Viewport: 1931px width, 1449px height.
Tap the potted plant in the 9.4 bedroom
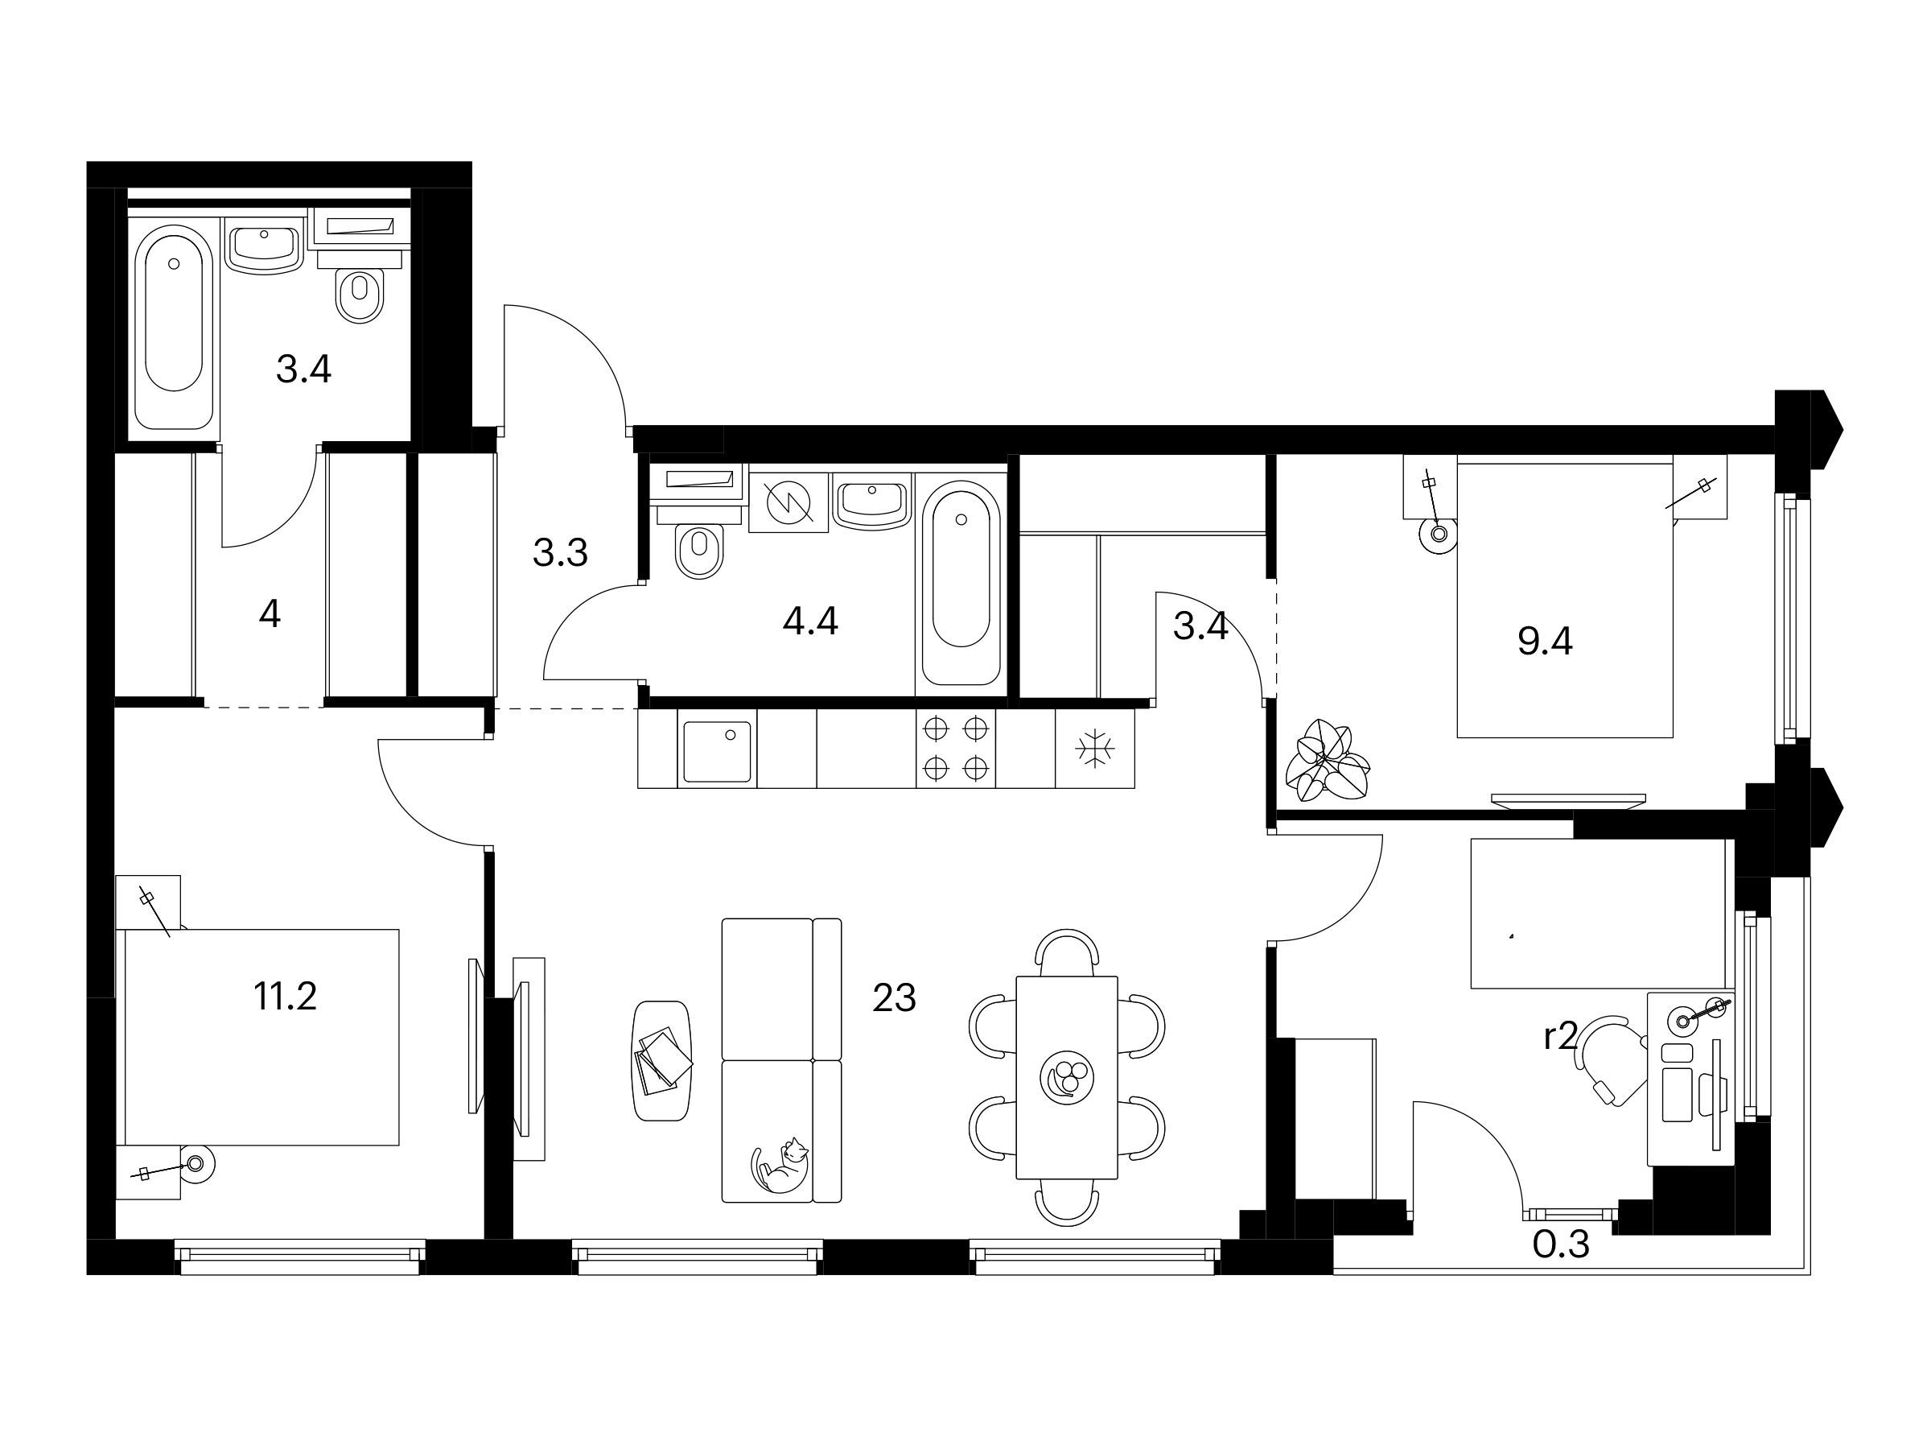coord(1327,760)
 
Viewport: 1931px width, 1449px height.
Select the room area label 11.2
coord(285,996)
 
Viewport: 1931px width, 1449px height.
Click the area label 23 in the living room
coord(894,997)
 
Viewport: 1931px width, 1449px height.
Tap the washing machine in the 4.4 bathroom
coord(788,502)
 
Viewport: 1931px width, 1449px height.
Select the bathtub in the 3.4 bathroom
coord(175,327)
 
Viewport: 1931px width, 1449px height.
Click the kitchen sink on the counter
coord(717,751)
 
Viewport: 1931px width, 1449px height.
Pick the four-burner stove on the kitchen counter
coord(955,748)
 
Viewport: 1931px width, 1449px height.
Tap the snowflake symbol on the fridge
coord(1093,749)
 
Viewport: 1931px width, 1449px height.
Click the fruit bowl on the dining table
coord(1066,1077)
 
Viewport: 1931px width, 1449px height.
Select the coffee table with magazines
coord(661,1061)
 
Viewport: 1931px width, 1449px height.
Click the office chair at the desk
coord(1611,1060)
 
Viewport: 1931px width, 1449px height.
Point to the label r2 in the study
coord(1560,1037)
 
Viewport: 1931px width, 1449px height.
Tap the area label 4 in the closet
coord(270,615)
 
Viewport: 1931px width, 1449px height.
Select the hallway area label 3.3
coord(561,552)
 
